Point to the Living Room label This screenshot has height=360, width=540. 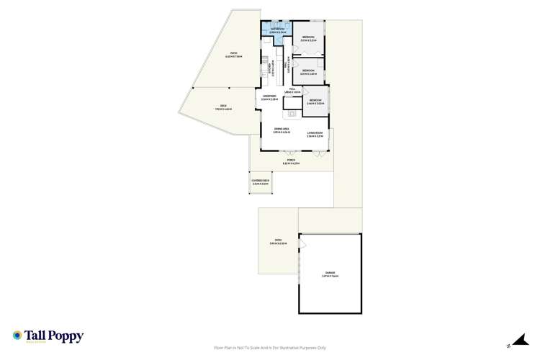(x=315, y=133)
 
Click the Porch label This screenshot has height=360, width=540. (x=292, y=163)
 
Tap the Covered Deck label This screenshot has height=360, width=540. (x=260, y=182)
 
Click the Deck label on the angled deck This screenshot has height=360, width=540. (x=222, y=108)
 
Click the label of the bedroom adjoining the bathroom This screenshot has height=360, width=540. (x=309, y=38)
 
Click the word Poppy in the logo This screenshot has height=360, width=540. (x=67, y=336)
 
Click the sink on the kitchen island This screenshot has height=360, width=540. (x=293, y=112)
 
